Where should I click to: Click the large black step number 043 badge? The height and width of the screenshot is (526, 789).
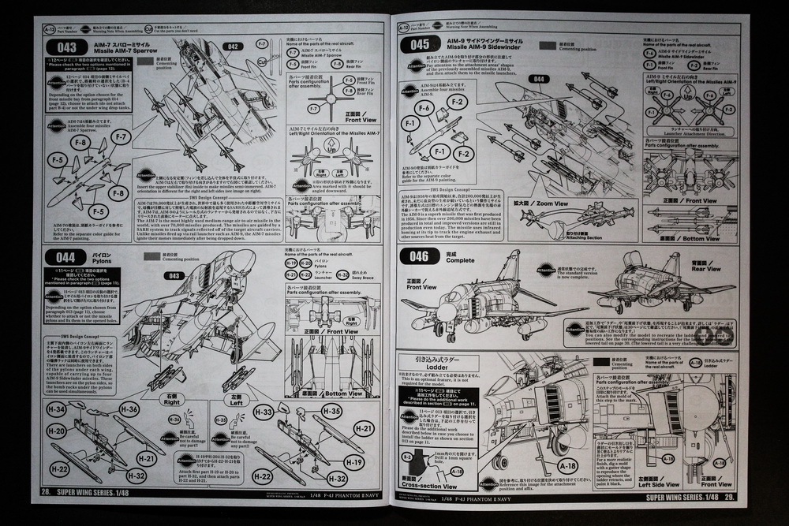click(68, 47)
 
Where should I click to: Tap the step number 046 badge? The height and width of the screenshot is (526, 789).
click(419, 257)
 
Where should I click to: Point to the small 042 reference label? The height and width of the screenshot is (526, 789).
click(232, 47)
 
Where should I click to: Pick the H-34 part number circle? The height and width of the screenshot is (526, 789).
click(57, 409)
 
